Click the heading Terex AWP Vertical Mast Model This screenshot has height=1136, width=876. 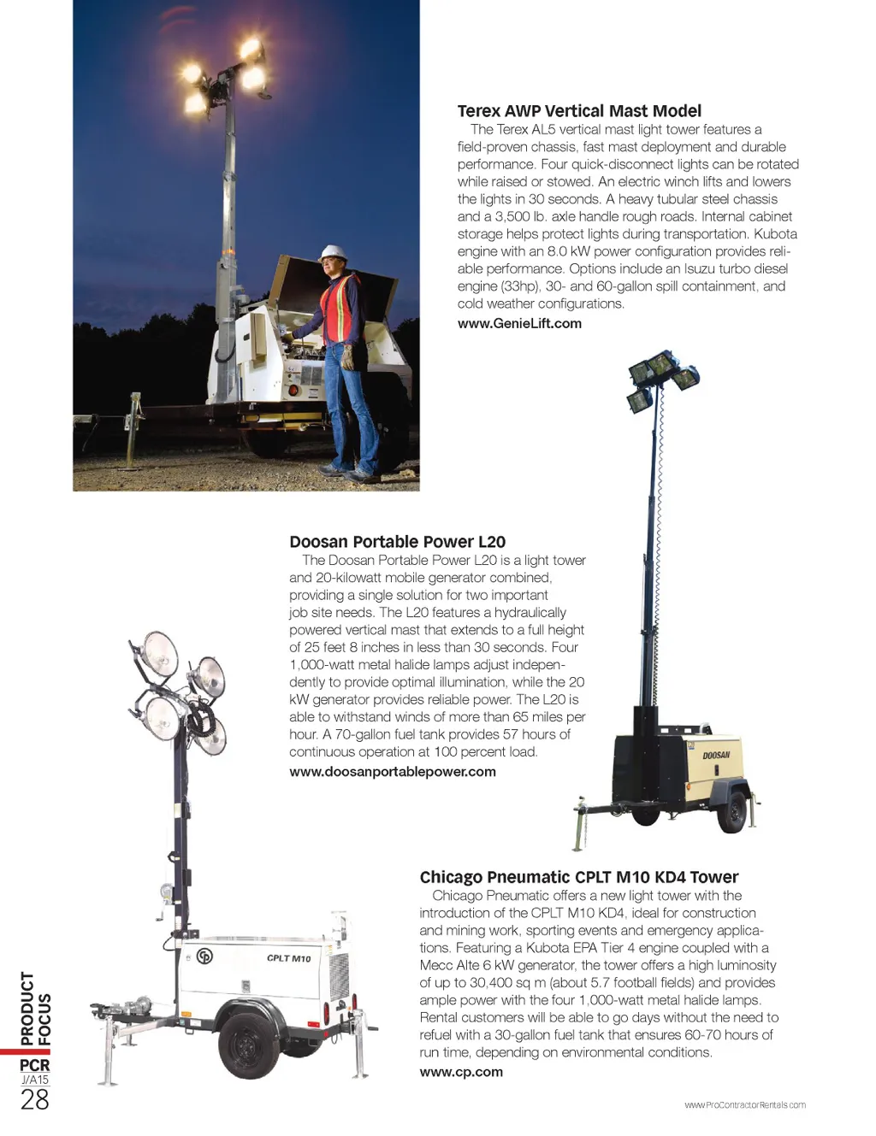579,111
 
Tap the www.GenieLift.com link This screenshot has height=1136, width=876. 519,324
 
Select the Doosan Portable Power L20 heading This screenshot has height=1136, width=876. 397,542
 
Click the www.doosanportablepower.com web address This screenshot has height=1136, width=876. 393,772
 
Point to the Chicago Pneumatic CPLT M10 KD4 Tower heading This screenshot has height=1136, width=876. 578,877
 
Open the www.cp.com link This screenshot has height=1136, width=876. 461,1072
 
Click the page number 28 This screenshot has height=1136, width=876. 35,1100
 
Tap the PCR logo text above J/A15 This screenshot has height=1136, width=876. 35,1065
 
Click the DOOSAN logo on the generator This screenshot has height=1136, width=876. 716,755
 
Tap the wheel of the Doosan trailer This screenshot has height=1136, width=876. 732,811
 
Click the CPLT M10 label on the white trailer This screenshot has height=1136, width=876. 288,958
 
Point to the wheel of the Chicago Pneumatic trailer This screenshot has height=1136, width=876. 248,1044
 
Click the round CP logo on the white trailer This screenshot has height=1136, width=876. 204,956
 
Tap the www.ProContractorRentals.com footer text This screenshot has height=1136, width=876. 744,1105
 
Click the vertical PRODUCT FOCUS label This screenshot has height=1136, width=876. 36,1009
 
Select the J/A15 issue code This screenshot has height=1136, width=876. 35,1080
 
